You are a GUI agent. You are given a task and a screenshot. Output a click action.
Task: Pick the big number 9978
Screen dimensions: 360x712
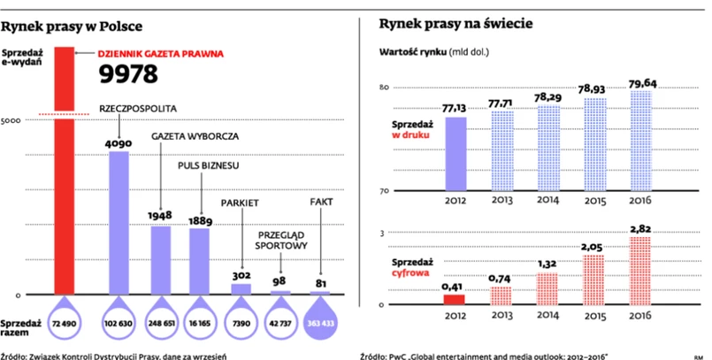click(128, 74)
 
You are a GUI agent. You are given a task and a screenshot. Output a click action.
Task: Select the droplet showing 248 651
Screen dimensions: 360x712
click(160, 324)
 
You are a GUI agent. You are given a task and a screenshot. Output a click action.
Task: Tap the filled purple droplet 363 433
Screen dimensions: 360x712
click(321, 324)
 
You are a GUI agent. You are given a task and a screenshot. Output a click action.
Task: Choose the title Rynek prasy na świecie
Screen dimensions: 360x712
click(455, 24)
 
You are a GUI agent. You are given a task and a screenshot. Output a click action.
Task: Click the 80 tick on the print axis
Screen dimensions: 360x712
click(385, 87)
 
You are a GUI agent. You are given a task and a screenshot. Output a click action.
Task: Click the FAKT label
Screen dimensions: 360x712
click(321, 203)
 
